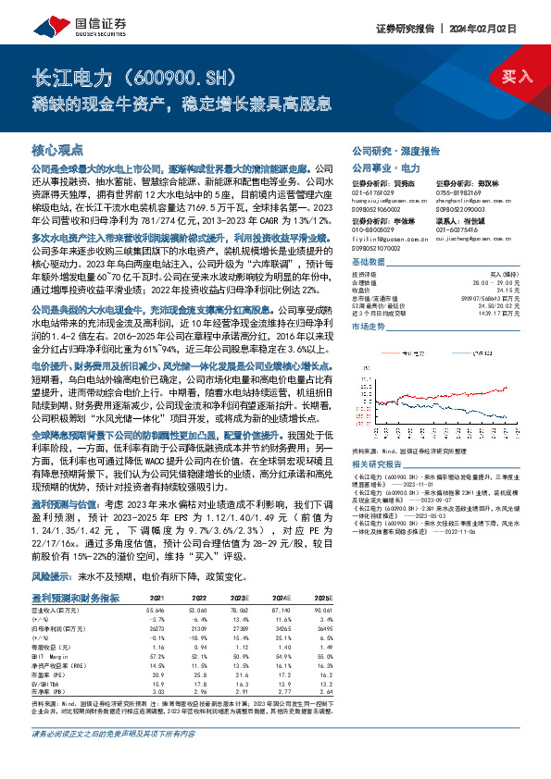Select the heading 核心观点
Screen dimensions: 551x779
57,149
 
